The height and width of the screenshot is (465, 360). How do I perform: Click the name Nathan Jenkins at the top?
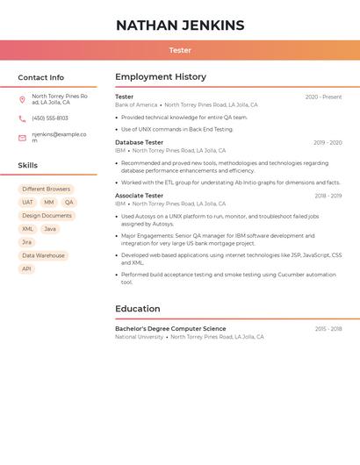tap(180, 25)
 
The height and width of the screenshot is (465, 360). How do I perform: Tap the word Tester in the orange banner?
tap(180, 50)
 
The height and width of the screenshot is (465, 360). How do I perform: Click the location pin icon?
tap(22, 99)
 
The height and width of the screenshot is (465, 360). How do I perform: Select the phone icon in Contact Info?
tap(22, 118)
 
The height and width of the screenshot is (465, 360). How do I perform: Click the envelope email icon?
tap(22, 138)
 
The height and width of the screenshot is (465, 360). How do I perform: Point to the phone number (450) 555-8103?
tap(50, 118)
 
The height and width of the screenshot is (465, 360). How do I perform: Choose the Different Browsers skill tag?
tap(47, 189)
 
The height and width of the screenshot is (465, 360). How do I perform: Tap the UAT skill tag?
tap(27, 202)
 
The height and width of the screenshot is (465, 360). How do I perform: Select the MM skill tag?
tap(48, 202)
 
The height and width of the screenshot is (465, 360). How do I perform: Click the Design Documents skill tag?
tap(47, 215)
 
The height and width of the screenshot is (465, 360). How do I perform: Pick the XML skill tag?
tap(27, 229)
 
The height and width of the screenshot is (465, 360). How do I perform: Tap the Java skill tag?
tap(50, 229)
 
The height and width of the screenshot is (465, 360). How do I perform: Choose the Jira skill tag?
tap(26, 242)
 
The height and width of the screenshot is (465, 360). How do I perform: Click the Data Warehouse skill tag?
tap(44, 255)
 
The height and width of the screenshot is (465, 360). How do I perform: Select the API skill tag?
tap(26, 268)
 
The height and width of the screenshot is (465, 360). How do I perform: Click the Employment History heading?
tap(161, 77)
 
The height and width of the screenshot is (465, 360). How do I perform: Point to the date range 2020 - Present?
tap(323, 97)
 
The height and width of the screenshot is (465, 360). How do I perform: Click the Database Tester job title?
tap(139, 142)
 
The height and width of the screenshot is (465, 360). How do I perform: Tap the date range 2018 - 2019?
tap(328, 196)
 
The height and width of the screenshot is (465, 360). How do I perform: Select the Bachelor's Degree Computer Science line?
tap(170, 329)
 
